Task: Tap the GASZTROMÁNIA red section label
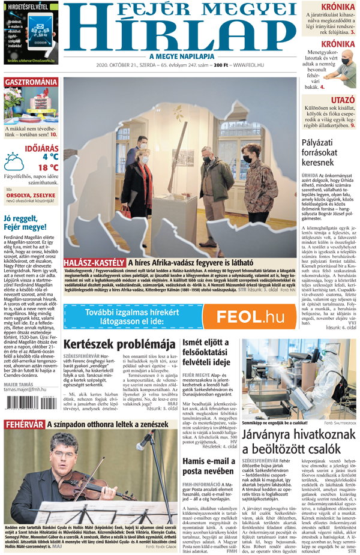pyautogui.click(x=32, y=81)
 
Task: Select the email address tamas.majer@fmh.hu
pyautogui.click(x=25, y=389)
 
